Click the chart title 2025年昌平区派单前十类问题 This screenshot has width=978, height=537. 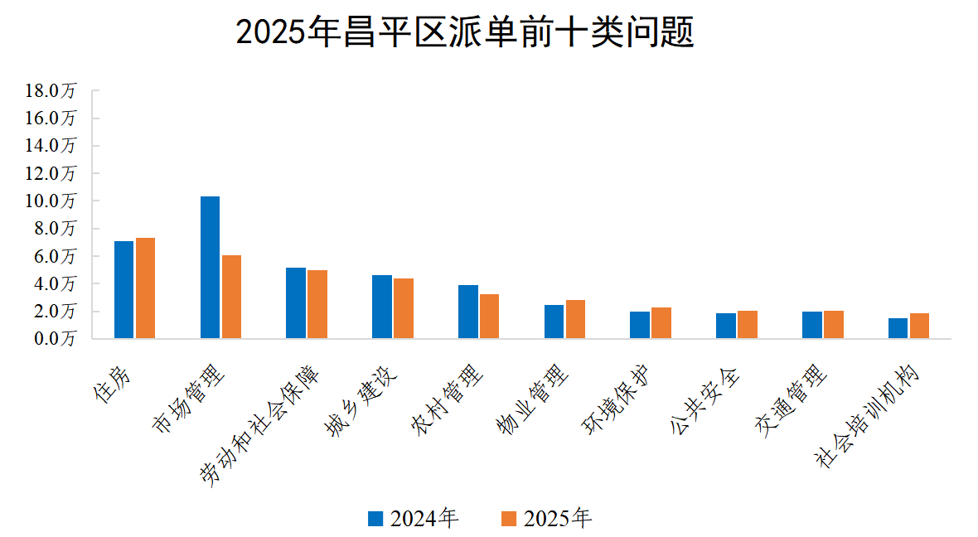465,34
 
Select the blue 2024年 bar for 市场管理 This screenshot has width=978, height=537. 210,267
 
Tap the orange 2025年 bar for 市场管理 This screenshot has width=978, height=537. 231,297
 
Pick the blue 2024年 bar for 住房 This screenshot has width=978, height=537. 123,289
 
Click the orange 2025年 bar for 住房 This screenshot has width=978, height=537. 145,288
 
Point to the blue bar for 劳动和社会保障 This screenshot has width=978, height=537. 296,302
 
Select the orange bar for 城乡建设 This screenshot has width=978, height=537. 404,308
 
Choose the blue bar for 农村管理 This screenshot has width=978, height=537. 467,312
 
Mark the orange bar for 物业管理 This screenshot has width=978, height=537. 575,319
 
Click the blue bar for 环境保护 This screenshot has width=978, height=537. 640,325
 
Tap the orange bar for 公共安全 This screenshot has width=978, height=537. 748,324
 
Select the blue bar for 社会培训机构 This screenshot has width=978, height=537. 898,328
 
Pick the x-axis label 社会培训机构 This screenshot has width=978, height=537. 869,417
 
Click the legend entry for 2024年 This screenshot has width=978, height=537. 414,519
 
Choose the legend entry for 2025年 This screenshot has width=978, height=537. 548,519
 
